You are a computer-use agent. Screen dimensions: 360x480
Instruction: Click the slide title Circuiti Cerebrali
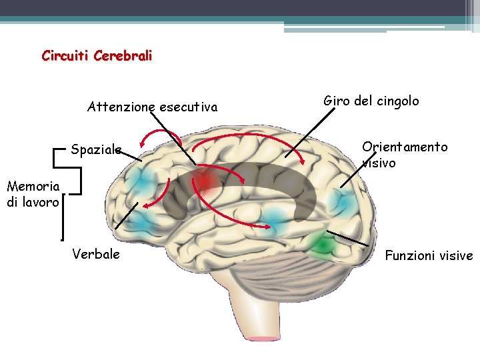click(97, 56)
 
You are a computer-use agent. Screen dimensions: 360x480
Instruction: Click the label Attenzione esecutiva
click(152, 107)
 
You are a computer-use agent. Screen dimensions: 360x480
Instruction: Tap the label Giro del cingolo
click(371, 101)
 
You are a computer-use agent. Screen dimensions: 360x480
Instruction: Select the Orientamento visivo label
click(404, 154)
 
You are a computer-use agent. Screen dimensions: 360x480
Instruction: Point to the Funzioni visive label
click(429, 255)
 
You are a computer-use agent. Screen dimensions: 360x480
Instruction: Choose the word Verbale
click(96, 254)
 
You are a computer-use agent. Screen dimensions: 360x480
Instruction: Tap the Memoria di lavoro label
click(33, 194)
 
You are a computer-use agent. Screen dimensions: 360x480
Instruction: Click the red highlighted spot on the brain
click(207, 180)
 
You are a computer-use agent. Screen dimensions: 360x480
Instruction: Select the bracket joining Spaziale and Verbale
click(61, 193)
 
